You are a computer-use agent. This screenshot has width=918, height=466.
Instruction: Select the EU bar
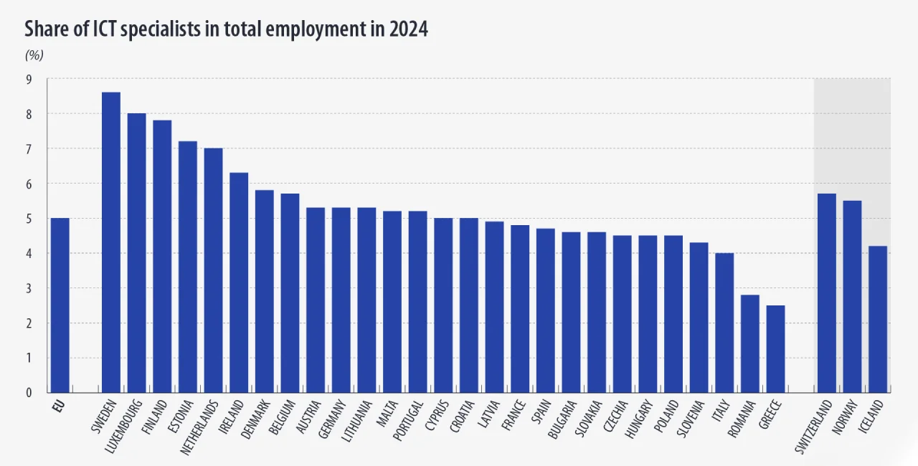pos(60,305)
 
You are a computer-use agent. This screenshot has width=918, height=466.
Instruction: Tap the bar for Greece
pos(775,348)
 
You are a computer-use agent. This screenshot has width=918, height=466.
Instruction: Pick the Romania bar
pos(749,343)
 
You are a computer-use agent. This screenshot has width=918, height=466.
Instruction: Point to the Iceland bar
pos(878,319)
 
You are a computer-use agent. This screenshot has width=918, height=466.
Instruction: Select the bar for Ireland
pos(239,282)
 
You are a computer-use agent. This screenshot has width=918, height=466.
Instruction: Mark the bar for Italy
pos(724,323)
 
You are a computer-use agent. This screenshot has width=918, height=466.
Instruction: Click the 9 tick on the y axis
pos(29,79)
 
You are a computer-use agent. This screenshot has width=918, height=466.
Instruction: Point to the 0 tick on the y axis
pos(29,393)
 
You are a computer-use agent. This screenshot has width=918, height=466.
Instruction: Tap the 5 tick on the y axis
pos(29,219)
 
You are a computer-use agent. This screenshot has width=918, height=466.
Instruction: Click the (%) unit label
pos(34,55)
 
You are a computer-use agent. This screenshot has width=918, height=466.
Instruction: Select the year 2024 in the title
pos(409,29)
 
